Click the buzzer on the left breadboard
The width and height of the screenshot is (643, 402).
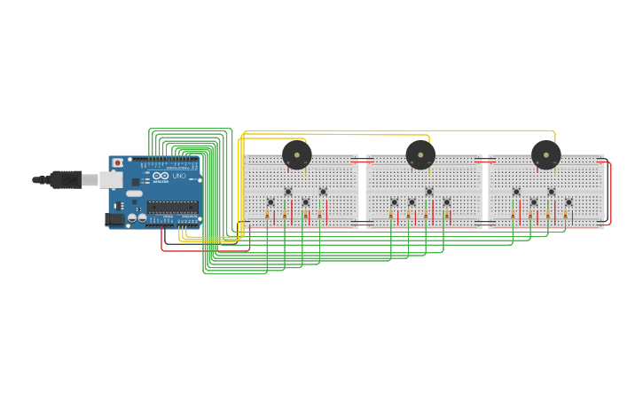pos(297,154)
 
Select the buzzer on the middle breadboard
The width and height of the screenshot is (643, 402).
pos(420,154)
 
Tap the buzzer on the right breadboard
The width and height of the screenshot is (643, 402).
pos(546,154)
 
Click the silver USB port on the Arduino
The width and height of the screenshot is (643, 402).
pos(111,180)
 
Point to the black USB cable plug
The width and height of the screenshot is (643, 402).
pos(66,179)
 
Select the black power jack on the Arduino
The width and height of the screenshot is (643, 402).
pos(114,218)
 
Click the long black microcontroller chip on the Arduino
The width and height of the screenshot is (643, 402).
pos(172,207)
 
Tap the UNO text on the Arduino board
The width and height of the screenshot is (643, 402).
pos(179,176)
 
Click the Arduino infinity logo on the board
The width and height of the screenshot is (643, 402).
pos(161,176)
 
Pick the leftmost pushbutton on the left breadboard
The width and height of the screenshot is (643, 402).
pos(271,202)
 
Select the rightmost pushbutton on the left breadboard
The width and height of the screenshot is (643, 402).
pos(323,192)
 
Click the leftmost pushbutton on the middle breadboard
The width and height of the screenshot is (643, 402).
pos(395,202)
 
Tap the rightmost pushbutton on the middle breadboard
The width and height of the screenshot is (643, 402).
pos(446,202)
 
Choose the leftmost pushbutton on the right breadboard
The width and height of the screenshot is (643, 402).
pos(516,192)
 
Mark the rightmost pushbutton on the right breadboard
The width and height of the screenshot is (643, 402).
pos(569,202)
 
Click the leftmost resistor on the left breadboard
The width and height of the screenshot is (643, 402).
pos(267,214)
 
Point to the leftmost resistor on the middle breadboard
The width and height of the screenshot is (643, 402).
pos(391,214)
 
